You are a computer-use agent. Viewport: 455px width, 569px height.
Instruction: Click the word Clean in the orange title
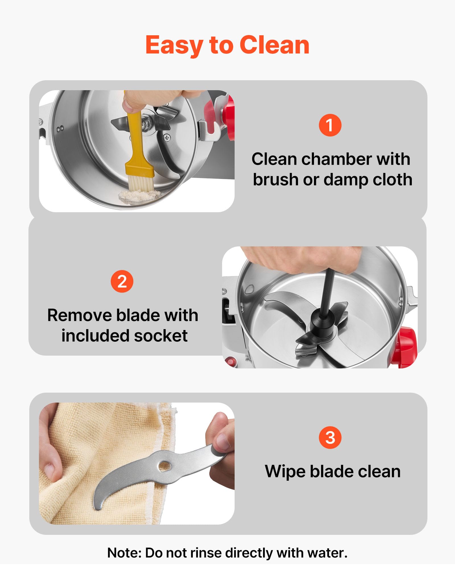pyautogui.click(x=274, y=45)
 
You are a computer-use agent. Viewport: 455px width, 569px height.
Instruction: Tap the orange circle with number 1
pyautogui.click(x=330, y=125)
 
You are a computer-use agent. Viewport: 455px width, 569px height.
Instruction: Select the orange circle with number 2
pyautogui.click(x=122, y=281)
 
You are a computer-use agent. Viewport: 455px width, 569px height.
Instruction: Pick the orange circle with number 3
pyautogui.click(x=330, y=438)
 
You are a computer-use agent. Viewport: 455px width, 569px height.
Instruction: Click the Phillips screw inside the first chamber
pyautogui.click(x=167, y=138)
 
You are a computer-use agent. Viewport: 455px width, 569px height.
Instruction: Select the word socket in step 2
pyautogui.click(x=161, y=336)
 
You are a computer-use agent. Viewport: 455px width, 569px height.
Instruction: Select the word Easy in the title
pyautogui.click(x=173, y=46)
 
